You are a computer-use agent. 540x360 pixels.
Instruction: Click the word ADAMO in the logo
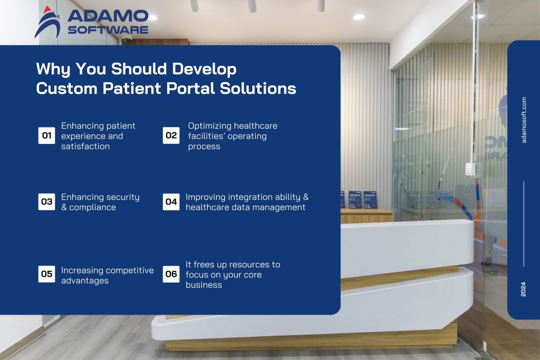pos(108,16)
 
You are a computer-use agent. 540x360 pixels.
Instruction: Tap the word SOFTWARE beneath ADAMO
pos(108,30)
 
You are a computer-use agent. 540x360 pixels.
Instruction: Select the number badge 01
pos(46,136)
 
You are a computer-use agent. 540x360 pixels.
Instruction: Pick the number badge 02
pos(171,136)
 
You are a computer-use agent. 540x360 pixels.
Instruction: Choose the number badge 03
pos(46,202)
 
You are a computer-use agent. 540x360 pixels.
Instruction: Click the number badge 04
pos(171,202)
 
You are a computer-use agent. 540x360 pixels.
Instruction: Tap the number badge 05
pos(46,274)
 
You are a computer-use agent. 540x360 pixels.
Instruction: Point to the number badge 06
pos(171,274)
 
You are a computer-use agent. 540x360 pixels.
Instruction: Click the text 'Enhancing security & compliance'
pos(100,202)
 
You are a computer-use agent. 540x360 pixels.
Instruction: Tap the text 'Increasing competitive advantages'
pos(107,275)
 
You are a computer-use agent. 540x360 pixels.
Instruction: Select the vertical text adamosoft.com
pos(524,120)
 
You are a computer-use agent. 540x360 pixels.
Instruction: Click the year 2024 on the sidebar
pos(524,289)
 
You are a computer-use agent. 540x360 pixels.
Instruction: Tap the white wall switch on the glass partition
pos(469,169)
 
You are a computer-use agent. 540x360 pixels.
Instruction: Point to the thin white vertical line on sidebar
pos(524,224)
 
